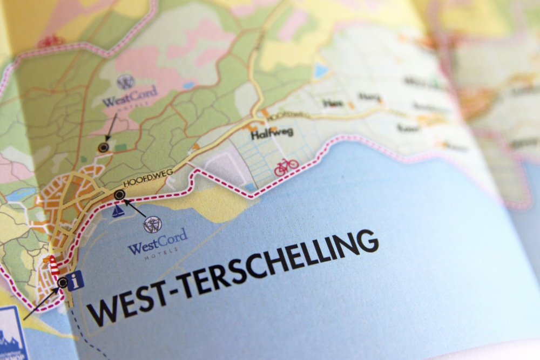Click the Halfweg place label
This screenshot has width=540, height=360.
(272, 134)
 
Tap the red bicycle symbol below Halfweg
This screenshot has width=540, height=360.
(286, 167)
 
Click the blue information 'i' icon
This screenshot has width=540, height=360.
(76, 281)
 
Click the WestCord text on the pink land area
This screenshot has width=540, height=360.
(130, 98)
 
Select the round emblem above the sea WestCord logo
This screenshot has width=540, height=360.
(152, 223)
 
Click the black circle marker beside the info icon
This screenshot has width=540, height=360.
(63, 282)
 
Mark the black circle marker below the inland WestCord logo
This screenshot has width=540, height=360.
(103, 147)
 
